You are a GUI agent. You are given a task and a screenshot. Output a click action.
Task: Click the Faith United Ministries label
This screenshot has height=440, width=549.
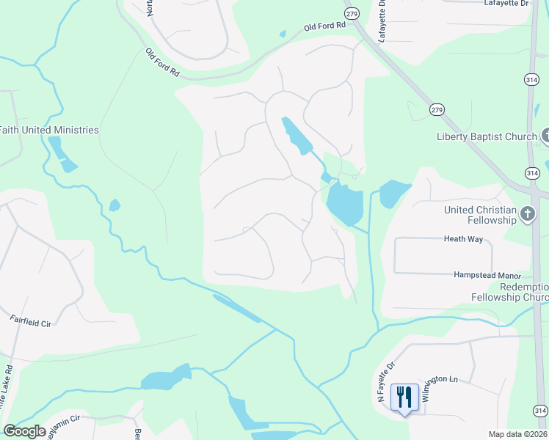tap(49, 130)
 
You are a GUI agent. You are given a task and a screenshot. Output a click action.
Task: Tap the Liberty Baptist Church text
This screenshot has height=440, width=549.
tap(487, 136)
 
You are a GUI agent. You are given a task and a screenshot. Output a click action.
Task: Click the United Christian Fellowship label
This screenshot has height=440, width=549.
tap(480, 215)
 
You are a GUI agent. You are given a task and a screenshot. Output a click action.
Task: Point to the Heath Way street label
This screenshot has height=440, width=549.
tap(464, 238)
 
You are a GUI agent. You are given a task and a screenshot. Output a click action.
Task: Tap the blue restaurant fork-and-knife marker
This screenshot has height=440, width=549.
tap(404, 398)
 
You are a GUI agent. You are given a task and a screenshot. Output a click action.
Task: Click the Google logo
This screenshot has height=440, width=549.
tap(24, 431)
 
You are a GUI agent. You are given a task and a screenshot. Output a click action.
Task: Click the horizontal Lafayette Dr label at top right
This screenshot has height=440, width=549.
tap(506, 4)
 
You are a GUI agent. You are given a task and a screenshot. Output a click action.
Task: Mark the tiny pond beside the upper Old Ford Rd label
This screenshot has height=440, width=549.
tap(282, 33)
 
